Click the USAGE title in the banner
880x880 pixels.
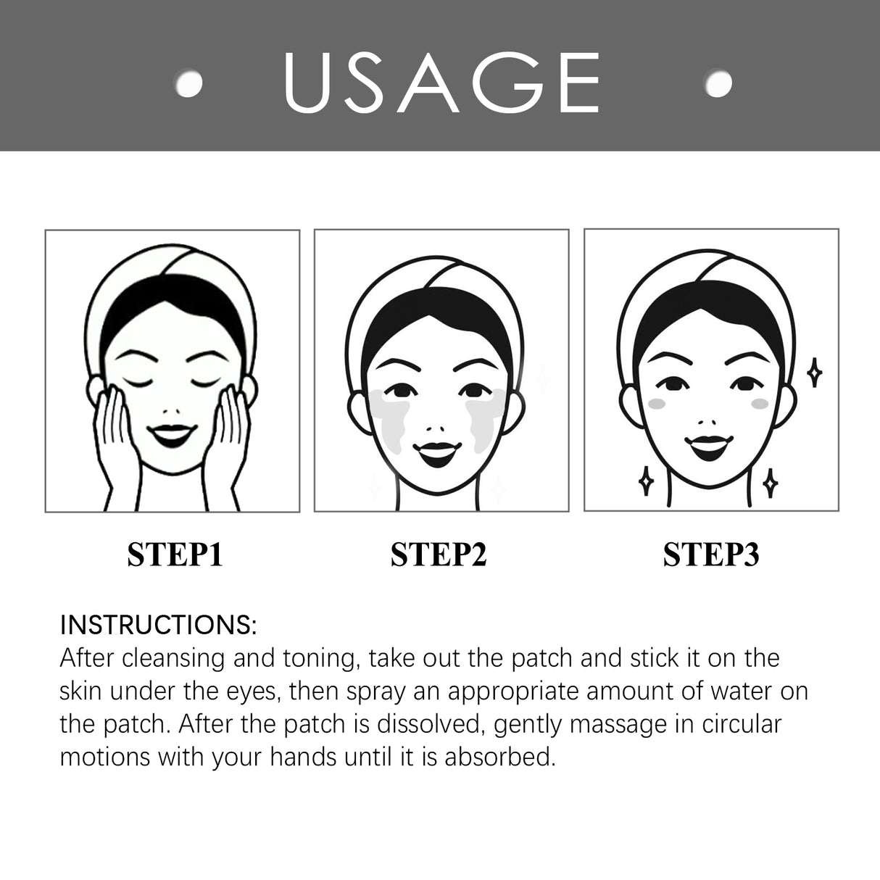pos(441,83)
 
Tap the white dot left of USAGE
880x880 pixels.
pos(191,83)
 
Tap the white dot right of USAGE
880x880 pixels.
pos(719,83)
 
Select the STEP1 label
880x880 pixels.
pos(175,555)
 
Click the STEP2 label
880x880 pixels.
pos(439,555)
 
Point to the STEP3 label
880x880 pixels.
pos(711,555)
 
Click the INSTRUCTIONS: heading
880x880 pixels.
pos(158,624)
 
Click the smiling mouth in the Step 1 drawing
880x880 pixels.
pos(172,436)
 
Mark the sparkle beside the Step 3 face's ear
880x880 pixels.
pos(815,373)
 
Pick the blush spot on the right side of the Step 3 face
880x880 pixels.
pos(759,403)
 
